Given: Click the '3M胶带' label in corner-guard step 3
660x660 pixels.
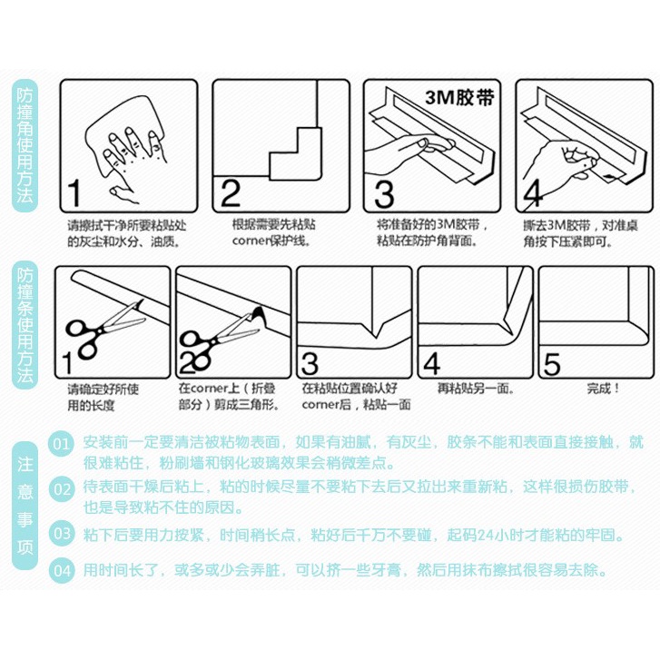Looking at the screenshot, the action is pos(459,98).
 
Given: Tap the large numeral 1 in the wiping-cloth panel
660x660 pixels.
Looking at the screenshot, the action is pos(74,193).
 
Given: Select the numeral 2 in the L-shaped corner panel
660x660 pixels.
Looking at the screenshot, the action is pos(231,193).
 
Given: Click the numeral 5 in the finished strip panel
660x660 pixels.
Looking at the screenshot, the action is pos(552,364).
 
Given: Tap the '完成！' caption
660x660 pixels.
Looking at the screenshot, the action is pos(603,388).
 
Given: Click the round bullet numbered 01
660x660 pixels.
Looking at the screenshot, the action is pos(62,444).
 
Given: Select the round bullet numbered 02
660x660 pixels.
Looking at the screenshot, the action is pos(62,488).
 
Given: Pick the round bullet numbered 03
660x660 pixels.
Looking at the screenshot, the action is pos(62,533).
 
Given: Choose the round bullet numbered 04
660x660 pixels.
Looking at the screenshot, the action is pos(62,570).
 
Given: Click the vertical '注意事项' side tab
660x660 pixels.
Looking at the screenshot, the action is pos(25,506).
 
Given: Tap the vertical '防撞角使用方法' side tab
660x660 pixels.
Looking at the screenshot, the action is pos(25,145).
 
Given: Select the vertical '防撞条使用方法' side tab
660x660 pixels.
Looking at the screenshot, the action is pos(25,324).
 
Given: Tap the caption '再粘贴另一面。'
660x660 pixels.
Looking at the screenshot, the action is pos(476,388).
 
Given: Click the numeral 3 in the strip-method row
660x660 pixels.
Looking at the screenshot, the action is pos(310,364).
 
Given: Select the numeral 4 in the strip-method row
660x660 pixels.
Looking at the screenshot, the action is pos(432,364).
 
